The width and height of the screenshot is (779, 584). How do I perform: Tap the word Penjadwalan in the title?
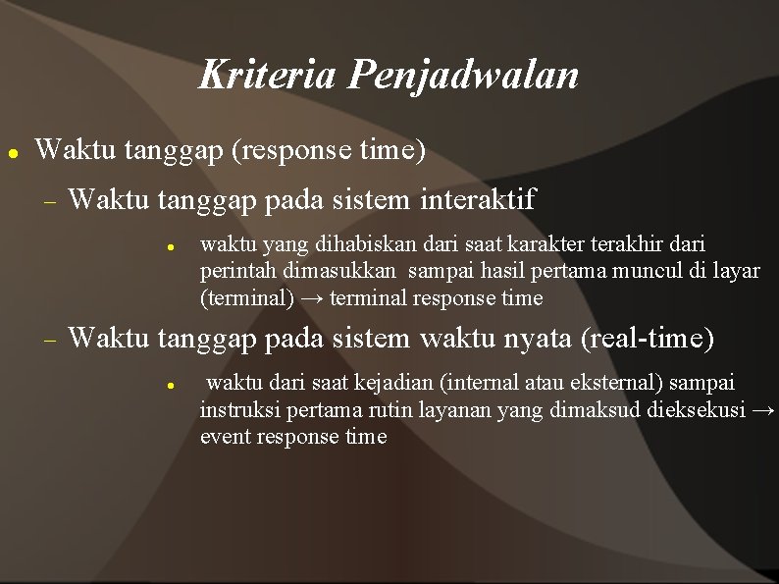click(463, 76)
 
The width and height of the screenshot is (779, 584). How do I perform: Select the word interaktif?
click(478, 200)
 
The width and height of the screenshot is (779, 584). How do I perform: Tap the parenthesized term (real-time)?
click(648, 339)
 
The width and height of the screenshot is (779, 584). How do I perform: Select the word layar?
click(737, 270)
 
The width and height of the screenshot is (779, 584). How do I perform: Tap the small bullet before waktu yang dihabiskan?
click(170, 245)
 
